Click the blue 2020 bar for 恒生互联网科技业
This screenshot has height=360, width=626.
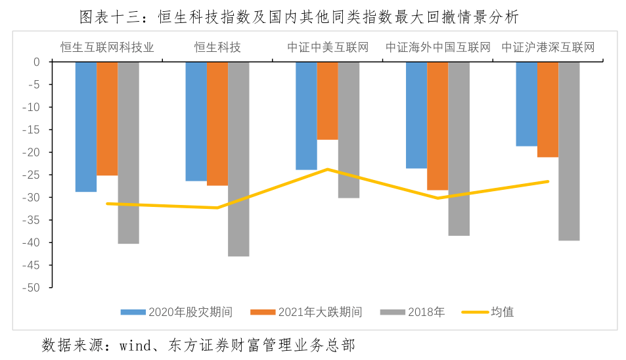86,126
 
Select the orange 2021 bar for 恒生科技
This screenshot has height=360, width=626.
217,124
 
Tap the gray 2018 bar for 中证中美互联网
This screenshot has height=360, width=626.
349,129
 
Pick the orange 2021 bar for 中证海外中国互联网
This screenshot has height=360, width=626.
437,125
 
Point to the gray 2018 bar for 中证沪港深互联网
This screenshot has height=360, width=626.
569,151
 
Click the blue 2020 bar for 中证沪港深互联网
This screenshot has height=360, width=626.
526,104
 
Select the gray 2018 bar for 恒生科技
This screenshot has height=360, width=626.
238,158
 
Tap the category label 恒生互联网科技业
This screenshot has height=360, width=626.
107,47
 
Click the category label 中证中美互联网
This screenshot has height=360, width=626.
328,47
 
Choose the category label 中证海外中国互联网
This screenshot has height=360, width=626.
437,47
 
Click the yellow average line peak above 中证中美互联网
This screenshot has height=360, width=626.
327,169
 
